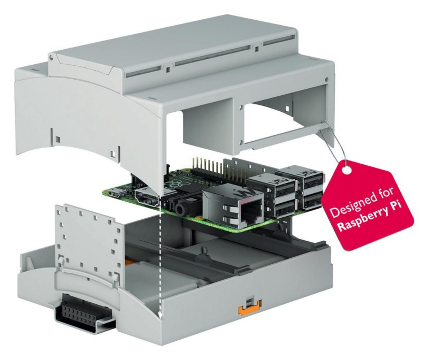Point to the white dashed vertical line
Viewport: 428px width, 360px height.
coord(160,262)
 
